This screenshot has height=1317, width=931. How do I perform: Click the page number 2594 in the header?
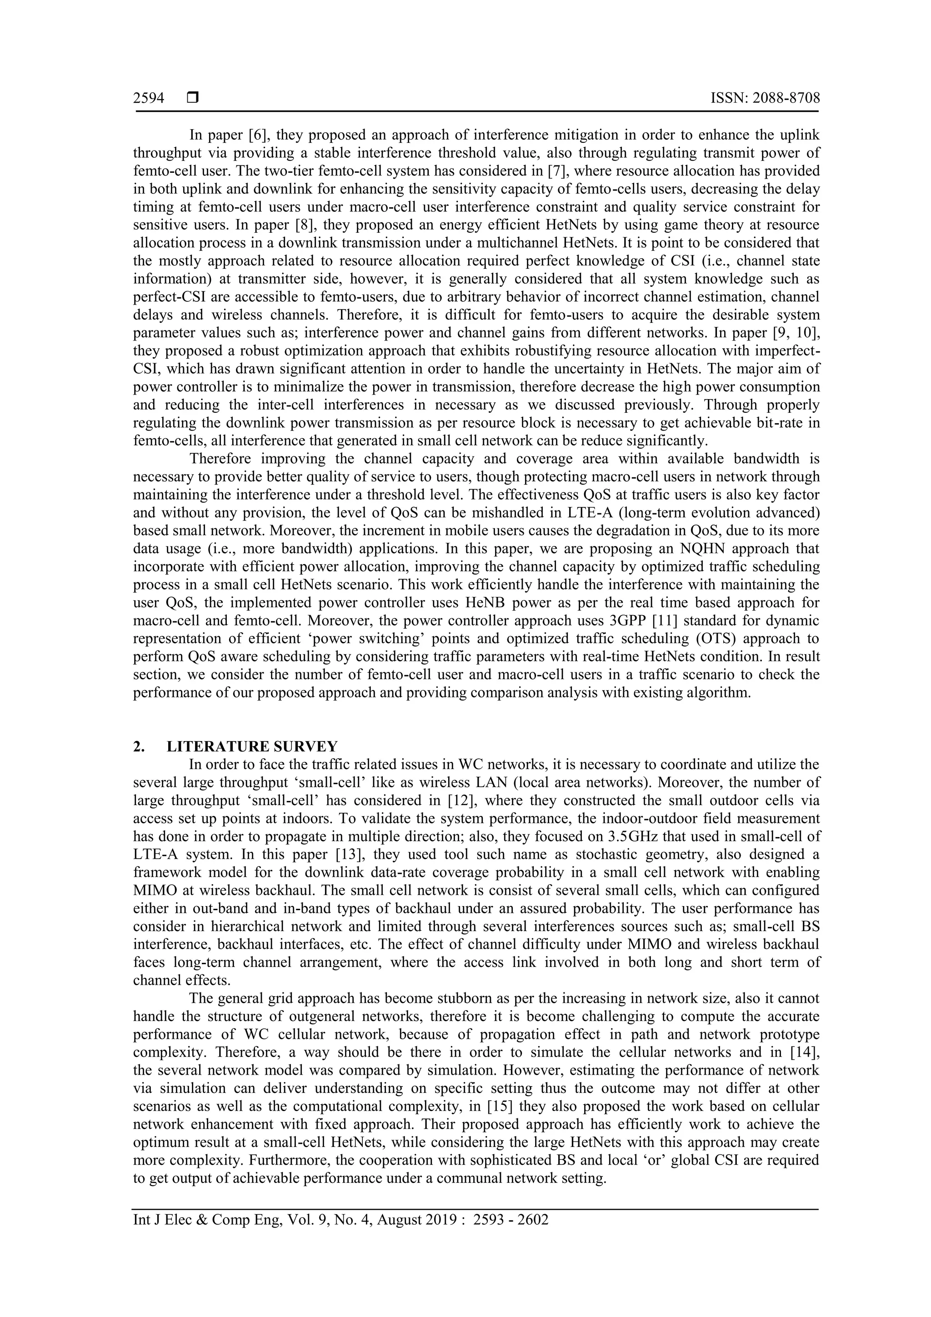(149, 99)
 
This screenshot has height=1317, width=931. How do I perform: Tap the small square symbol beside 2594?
(193, 99)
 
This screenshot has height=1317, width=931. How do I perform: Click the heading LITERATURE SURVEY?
(252, 746)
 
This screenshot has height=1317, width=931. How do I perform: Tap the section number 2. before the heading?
(138, 746)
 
